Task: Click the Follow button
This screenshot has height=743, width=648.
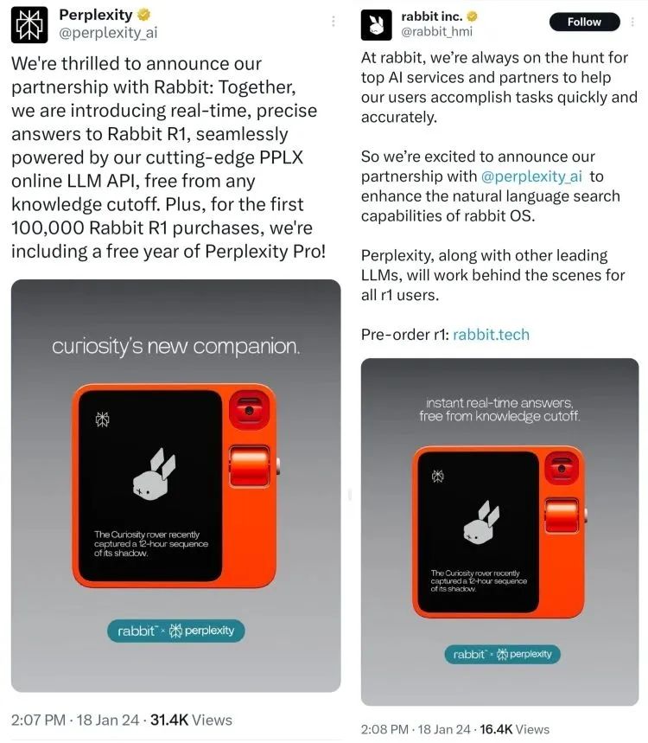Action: pos(584,22)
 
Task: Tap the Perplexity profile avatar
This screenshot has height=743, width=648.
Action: pos(29,24)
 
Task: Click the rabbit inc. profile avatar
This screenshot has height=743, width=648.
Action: pos(377,24)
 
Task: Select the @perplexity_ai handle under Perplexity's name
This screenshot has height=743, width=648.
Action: pos(108,33)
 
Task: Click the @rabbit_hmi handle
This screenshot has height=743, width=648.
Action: pos(437,32)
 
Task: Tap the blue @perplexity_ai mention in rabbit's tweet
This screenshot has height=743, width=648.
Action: pos(531,176)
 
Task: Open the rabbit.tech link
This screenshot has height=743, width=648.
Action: pos(491,335)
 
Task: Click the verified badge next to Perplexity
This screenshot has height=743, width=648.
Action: pos(144,15)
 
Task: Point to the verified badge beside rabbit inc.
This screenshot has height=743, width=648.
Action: pos(473,16)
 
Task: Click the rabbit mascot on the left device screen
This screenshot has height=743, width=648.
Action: pos(153,474)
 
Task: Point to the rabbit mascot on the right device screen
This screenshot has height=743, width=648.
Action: pos(481,522)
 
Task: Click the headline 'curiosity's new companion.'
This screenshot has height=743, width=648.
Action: pos(176,347)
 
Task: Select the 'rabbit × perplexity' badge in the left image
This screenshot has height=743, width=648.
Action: pos(176,631)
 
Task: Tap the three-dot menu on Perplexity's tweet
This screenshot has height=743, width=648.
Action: pos(334,21)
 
